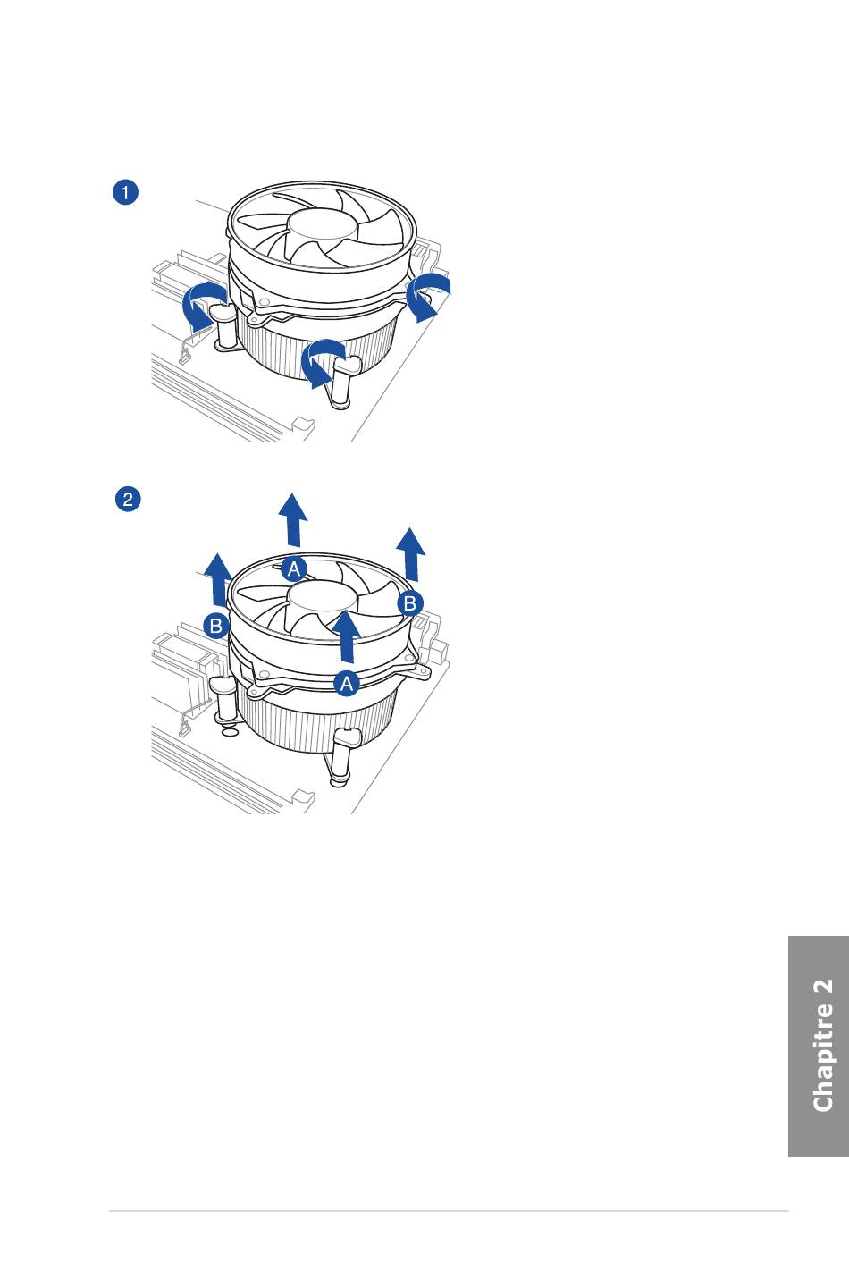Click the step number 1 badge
point(125,192)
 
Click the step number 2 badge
point(128,500)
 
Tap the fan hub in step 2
point(323,597)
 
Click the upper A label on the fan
point(294,568)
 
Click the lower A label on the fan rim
point(346,684)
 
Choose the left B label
point(216,626)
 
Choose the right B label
point(409,603)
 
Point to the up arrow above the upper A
point(293,519)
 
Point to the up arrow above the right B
point(411,554)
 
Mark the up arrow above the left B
point(218,579)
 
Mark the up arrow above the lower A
point(346,637)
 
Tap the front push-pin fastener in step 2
point(344,757)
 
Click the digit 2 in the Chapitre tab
point(823,989)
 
